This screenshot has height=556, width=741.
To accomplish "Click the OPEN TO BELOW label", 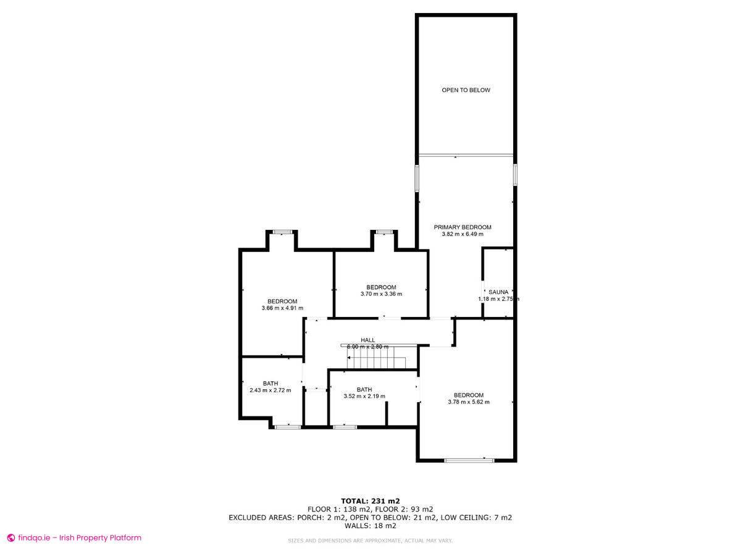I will [466, 90].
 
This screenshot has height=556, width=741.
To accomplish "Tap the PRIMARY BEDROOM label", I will [463, 227].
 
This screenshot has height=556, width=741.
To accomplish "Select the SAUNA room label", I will [498, 292].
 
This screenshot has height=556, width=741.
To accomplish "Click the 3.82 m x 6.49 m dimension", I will [463, 235].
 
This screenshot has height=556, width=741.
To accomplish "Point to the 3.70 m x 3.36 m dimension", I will [381, 294].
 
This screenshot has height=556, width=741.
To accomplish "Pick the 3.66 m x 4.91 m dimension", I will [282, 308].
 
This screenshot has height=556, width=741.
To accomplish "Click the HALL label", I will [368, 340].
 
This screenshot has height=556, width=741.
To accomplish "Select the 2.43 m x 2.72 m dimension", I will [270, 390].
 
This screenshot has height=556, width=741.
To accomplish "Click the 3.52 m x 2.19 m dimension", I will [364, 397].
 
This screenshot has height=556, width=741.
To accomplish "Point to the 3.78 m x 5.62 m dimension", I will [469, 402].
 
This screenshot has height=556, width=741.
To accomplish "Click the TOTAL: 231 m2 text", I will [371, 500].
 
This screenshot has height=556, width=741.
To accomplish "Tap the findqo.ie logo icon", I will [10, 537].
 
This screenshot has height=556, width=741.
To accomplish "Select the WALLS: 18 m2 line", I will [371, 526].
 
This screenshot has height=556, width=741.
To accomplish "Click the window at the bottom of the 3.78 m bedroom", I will [469, 460].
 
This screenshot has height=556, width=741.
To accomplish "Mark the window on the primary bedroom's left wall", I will [417, 177].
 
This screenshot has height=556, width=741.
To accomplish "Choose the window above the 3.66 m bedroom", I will [282, 232].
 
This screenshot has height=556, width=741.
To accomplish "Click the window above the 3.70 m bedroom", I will [384, 232].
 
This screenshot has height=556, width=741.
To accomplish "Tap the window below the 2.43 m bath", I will [287, 426].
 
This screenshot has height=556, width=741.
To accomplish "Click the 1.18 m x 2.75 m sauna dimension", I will [498, 299].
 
